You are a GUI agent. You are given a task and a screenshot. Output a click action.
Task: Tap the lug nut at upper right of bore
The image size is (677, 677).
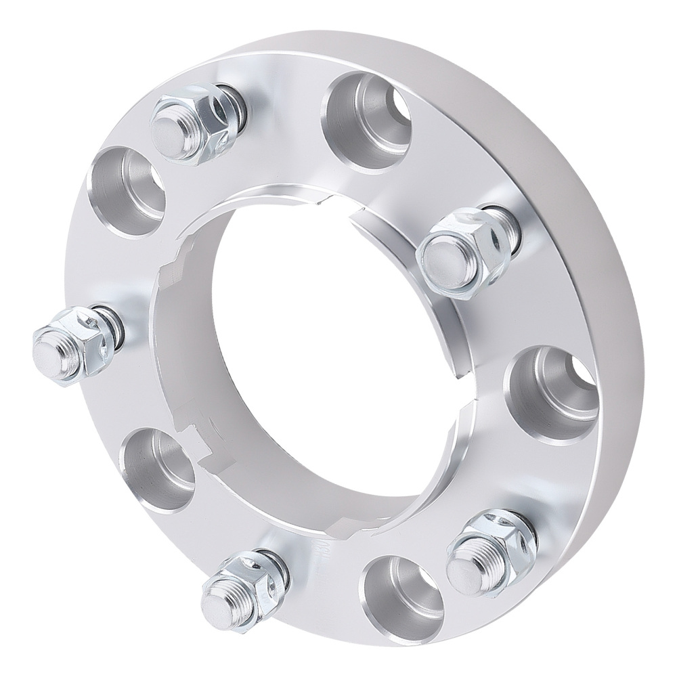464,250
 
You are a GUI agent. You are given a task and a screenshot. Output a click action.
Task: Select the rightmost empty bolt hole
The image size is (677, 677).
552,393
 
